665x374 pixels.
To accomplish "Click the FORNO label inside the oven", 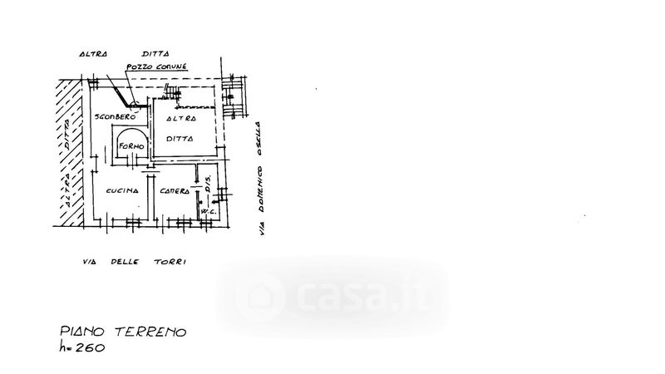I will coord(131,147).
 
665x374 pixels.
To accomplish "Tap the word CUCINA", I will coord(121,191).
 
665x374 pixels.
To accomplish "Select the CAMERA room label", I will coord(176,192).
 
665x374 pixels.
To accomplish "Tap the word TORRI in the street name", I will coord(173,263).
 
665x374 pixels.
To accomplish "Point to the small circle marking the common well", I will coord(135,105).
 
